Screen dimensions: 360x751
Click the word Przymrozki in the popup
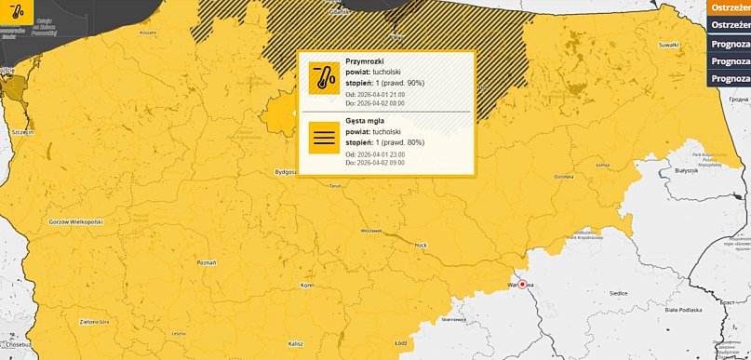click(364, 61)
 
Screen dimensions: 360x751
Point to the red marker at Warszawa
click(523, 284)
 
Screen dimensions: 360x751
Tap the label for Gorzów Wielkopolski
click(76, 223)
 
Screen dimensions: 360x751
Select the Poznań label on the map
click(207, 263)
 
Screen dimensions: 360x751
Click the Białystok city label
click(686, 171)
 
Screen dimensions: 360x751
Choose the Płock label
click(421, 246)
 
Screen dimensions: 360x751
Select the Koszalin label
click(148, 32)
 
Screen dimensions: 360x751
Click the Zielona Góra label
click(97, 321)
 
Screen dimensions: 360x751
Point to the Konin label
click(308, 286)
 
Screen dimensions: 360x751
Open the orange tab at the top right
click(729, 7)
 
